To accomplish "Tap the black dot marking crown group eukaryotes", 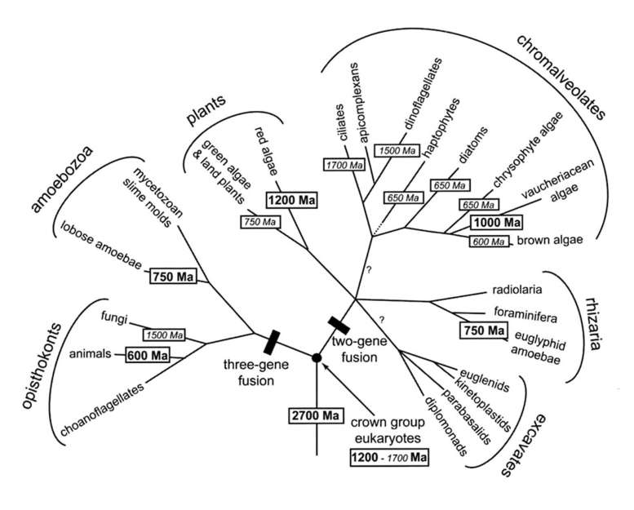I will (x=317, y=357).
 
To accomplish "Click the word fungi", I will (x=113, y=316).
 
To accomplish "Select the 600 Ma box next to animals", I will (x=147, y=356).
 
